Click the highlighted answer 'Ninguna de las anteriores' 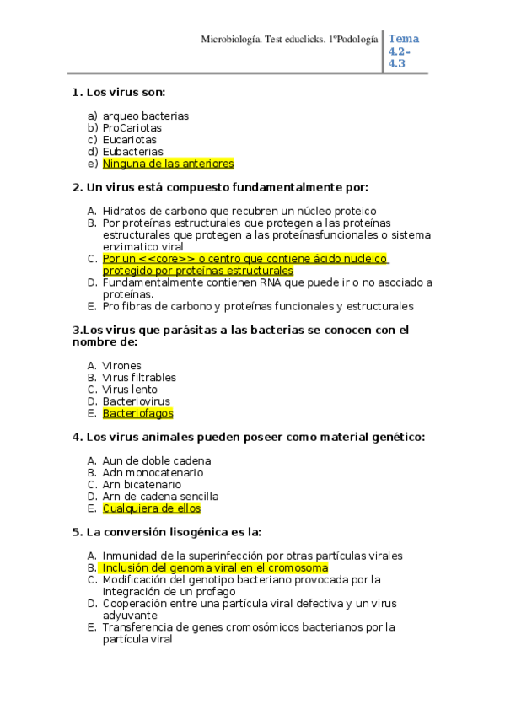[x=168, y=164]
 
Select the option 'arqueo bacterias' [x=145, y=116]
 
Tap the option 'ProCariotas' [x=132, y=128]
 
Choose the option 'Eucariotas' [x=129, y=140]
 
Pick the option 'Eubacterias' [x=132, y=152]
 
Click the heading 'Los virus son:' [x=126, y=92]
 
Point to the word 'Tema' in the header [x=404, y=39]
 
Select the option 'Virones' [x=121, y=366]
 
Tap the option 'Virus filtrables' [x=139, y=378]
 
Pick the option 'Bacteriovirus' [x=136, y=401]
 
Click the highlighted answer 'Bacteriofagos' [x=137, y=413]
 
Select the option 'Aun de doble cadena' [x=157, y=461]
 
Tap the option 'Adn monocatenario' [x=153, y=473]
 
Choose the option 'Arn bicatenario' [x=142, y=485]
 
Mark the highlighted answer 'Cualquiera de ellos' [x=152, y=508]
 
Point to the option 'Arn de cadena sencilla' [x=160, y=497]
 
